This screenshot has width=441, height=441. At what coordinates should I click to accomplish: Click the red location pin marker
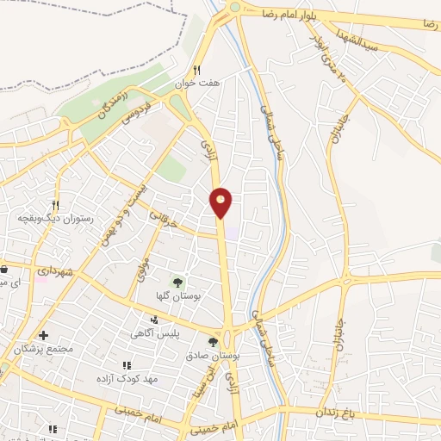click(221, 202)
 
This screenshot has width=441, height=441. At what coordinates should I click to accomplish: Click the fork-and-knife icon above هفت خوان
click(196, 71)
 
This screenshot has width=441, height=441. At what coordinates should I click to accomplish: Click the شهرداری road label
click(59, 271)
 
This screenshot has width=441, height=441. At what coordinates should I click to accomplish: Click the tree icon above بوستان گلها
click(177, 281)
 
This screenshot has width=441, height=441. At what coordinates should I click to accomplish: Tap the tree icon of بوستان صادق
click(213, 342)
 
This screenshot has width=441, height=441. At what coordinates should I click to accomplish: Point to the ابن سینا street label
click(209, 372)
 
